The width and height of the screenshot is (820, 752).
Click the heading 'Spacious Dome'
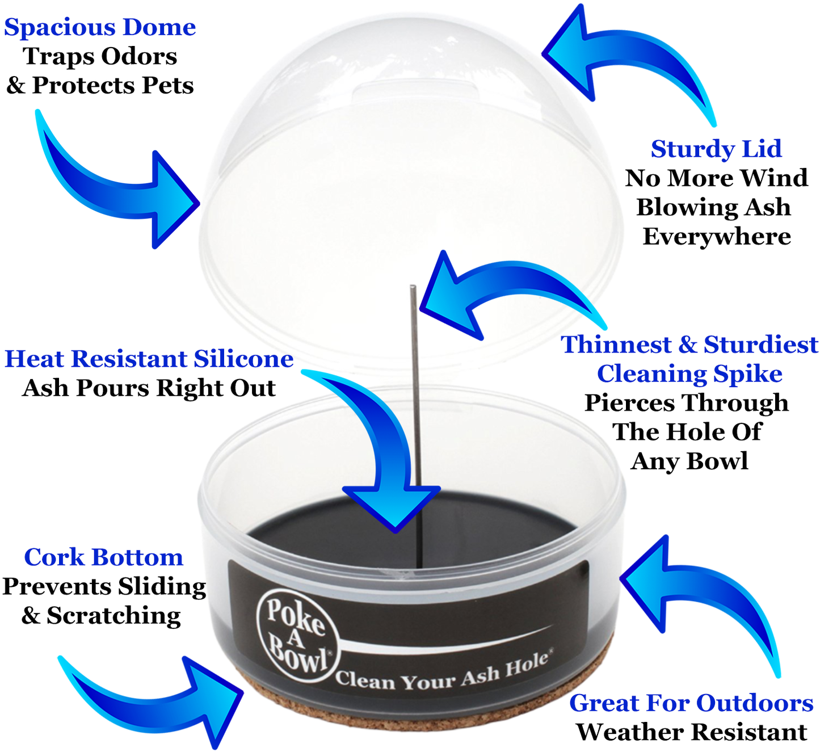[x=100, y=28]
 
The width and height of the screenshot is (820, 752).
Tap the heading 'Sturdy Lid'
[x=716, y=149]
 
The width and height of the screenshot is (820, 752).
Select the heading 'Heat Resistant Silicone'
[x=149, y=359]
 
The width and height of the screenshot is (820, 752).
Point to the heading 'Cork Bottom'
[x=103, y=558]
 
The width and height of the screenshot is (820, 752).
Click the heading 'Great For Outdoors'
[x=691, y=703]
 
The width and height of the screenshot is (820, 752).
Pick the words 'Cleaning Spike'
[x=689, y=375]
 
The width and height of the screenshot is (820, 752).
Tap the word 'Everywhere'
[x=717, y=237]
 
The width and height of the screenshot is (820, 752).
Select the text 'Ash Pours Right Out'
[x=149, y=388]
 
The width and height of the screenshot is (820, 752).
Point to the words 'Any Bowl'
[x=689, y=462]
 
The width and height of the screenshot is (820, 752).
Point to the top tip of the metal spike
[x=413, y=287]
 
